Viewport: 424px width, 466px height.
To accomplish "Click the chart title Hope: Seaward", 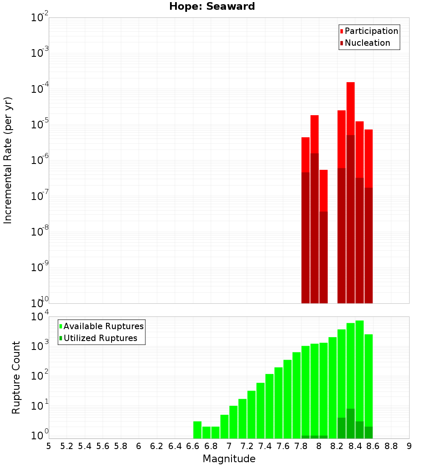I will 212,7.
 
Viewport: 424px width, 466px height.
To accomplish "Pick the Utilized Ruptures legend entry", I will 100,338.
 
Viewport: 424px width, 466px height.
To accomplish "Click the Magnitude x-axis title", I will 229,459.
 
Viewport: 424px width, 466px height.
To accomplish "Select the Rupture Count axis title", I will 16,377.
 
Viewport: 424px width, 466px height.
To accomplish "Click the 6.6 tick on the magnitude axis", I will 193,446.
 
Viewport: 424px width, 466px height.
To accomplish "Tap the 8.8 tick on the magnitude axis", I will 391,446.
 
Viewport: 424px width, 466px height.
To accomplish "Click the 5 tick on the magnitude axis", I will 49,446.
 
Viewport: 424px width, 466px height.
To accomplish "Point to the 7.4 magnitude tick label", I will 265,446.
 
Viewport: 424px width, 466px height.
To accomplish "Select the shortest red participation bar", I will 324,191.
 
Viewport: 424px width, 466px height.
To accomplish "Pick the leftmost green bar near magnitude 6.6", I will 197,430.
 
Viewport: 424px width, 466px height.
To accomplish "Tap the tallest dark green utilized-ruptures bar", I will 350,424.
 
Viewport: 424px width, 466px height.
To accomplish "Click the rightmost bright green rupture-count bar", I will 368,381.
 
